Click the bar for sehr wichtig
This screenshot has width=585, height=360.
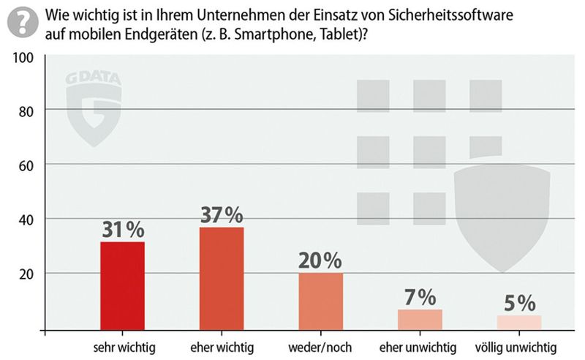point(122,286)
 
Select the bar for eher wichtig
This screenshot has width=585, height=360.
point(221,279)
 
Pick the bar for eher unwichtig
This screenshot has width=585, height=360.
point(420,320)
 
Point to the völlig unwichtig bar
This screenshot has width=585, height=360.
point(519,322)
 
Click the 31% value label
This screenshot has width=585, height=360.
point(122,230)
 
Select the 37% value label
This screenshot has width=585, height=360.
point(222,215)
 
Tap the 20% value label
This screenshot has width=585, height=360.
point(320,260)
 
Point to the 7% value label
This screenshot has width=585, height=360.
point(420,297)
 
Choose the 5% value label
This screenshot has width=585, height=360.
point(519,302)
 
